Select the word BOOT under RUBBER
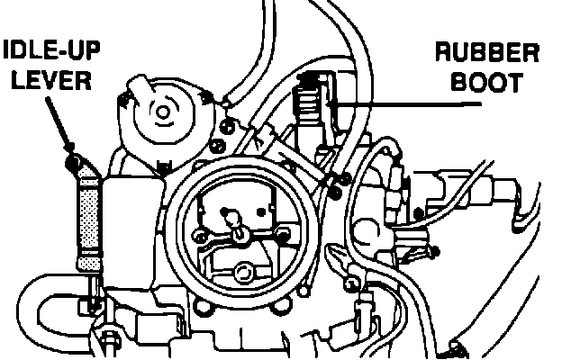click(487, 83)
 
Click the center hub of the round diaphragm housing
click(162, 113)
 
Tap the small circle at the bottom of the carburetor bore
click(240, 272)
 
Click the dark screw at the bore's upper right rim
click(333, 186)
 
